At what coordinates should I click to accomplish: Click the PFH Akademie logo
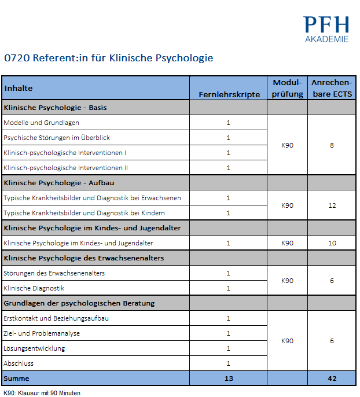pos(326,29)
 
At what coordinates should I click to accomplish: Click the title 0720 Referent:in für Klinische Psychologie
pos(109,58)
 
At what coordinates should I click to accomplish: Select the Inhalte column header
pos(19,88)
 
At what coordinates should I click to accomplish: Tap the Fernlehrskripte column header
pos(229,94)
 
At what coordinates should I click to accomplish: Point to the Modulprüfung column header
pos(288,88)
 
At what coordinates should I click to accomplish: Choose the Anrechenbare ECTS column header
pos(332,88)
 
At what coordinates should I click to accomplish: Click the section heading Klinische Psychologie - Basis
pos(55,108)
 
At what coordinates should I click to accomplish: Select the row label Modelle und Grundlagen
pos(41,123)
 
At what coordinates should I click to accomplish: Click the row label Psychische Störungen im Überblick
pos(57,138)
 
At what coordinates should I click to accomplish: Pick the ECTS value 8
pos(332,145)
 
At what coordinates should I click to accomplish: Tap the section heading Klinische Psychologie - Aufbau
pos(59,183)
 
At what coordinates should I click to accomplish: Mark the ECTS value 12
pos(332,205)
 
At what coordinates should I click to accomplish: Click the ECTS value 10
pos(332,243)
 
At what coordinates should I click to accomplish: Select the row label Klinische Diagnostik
pos(34,288)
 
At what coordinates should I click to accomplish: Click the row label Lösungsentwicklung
pos(34,348)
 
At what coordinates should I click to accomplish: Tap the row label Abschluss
pos(19,363)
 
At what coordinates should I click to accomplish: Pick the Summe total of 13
pos(229,378)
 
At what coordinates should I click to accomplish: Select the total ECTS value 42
pos(332,378)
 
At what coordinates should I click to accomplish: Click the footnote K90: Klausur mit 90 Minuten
pos(42,393)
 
